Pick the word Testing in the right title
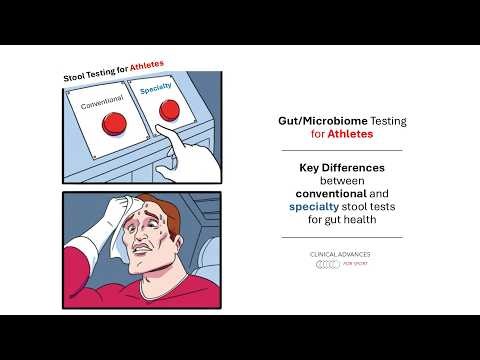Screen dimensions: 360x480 [x=385, y=118]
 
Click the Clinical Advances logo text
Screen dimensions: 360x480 [x=342, y=255]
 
